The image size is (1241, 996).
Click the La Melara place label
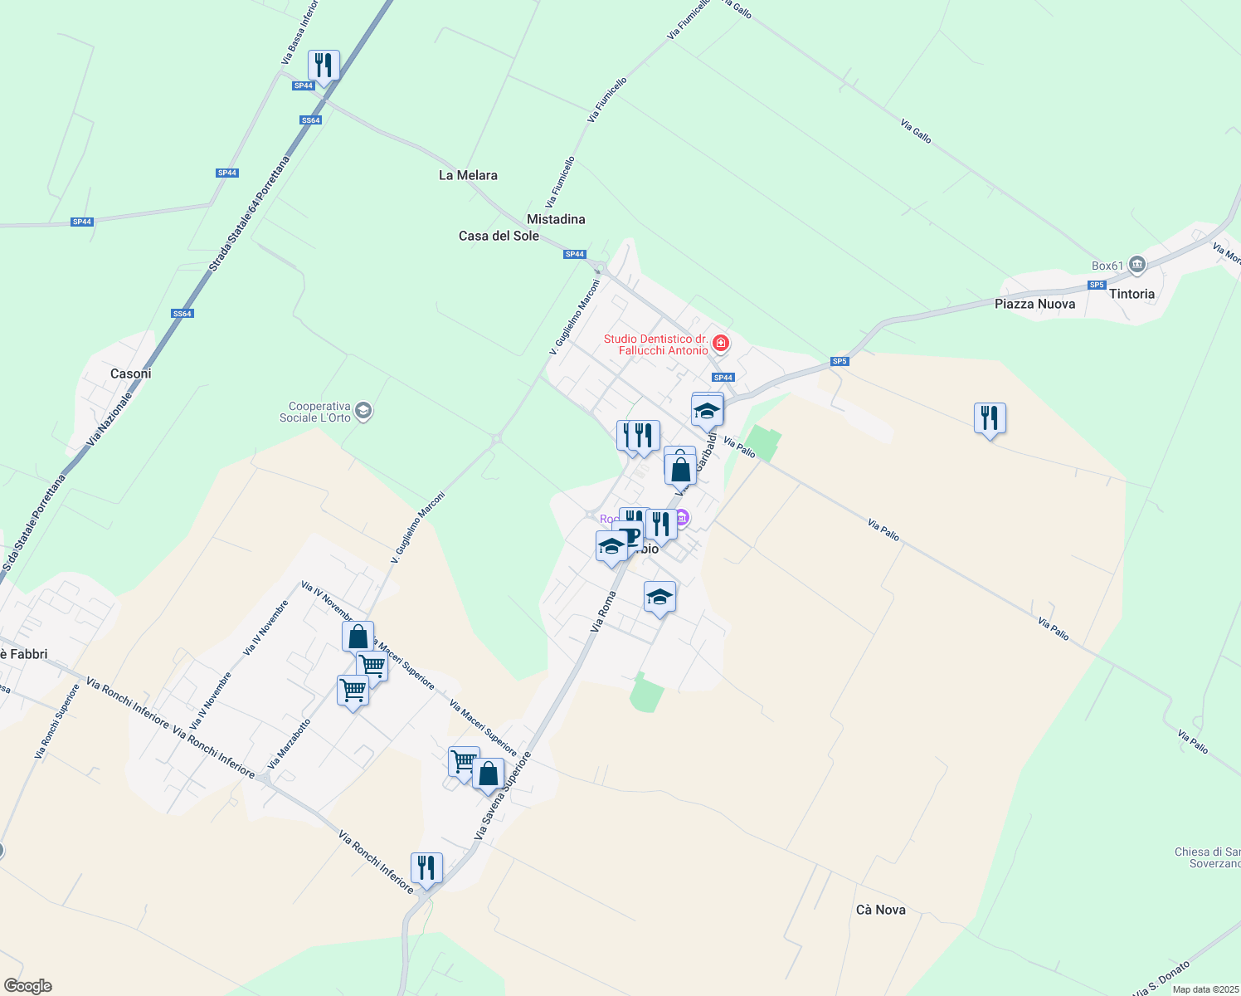click(x=468, y=175)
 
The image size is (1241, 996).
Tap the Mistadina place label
click(x=556, y=219)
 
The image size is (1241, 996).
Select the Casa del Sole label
click(x=499, y=236)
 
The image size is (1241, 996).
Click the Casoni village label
click(x=131, y=373)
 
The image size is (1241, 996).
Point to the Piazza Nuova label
click(x=1034, y=304)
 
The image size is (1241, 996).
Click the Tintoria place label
click(x=1131, y=294)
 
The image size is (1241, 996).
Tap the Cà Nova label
click(x=880, y=910)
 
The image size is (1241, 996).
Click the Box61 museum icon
click(x=1137, y=265)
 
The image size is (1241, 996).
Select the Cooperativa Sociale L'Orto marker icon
click(x=363, y=410)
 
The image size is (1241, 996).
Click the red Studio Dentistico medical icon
click(x=721, y=343)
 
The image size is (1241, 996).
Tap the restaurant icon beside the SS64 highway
click(x=324, y=65)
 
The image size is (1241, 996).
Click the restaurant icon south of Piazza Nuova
click(x=990, y=417)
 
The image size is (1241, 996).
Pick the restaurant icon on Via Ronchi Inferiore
click(x=426, y=868)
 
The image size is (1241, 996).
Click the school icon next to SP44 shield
click(x=707, y=410)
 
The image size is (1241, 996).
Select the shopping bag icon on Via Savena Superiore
click(x=489, y=774)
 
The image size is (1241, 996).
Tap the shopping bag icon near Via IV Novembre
click(x=358, y=637)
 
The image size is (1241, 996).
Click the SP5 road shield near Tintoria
click(x=1097, y=285)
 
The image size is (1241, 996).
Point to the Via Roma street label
click(x=603, y=612)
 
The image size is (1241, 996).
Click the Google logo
click(x=27, y=986)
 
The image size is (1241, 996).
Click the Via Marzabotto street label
click(x=290, y=744)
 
